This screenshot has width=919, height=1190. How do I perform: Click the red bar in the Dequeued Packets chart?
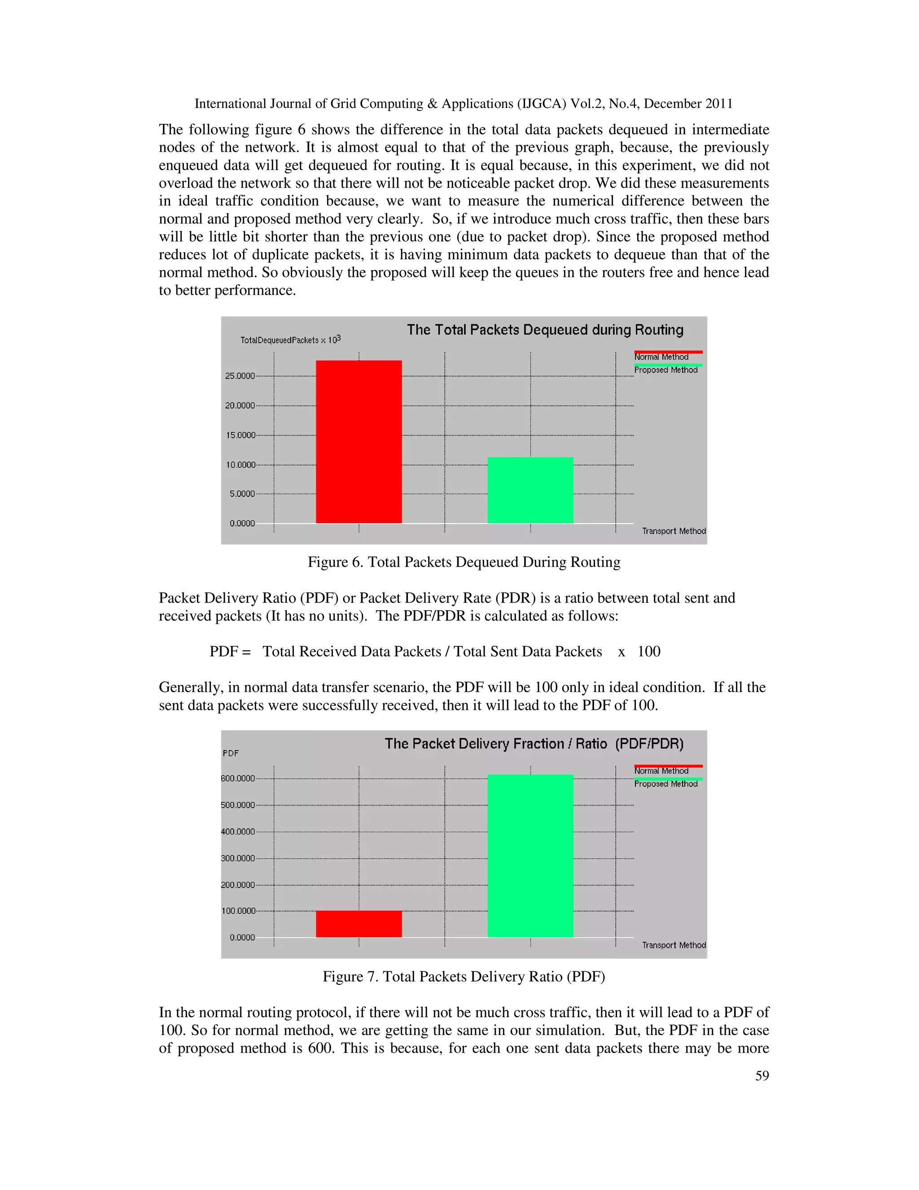(359, 441)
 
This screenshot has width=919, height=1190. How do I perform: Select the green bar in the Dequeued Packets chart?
(530, 490)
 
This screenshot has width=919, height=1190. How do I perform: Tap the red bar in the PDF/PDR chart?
(359, 924)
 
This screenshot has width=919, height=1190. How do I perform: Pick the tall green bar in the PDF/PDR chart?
(530, 855)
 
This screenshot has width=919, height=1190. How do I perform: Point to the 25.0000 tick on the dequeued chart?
(240, 376)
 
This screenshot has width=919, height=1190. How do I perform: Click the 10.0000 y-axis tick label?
(240, 465)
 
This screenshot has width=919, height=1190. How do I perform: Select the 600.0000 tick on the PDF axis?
(238, 778)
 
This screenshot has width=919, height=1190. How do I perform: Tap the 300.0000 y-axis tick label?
(238, 858)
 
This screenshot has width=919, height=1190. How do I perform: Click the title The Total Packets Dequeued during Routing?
(545, 330)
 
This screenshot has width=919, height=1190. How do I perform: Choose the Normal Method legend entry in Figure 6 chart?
(661, 357)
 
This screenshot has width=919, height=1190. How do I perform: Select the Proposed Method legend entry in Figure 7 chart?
(666, 784)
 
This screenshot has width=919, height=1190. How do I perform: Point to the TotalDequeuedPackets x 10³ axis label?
(290, 339)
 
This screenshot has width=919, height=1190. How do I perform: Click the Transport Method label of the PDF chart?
(674, 945)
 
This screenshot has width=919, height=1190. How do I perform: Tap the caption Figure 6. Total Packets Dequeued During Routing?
(464, 562)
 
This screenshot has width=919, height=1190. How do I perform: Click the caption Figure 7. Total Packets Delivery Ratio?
(464, 976)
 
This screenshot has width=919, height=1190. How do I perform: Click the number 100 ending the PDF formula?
(649, 651)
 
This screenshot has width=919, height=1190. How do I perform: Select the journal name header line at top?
(463, 104)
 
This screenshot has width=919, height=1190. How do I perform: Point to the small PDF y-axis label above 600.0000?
(231, 753)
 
